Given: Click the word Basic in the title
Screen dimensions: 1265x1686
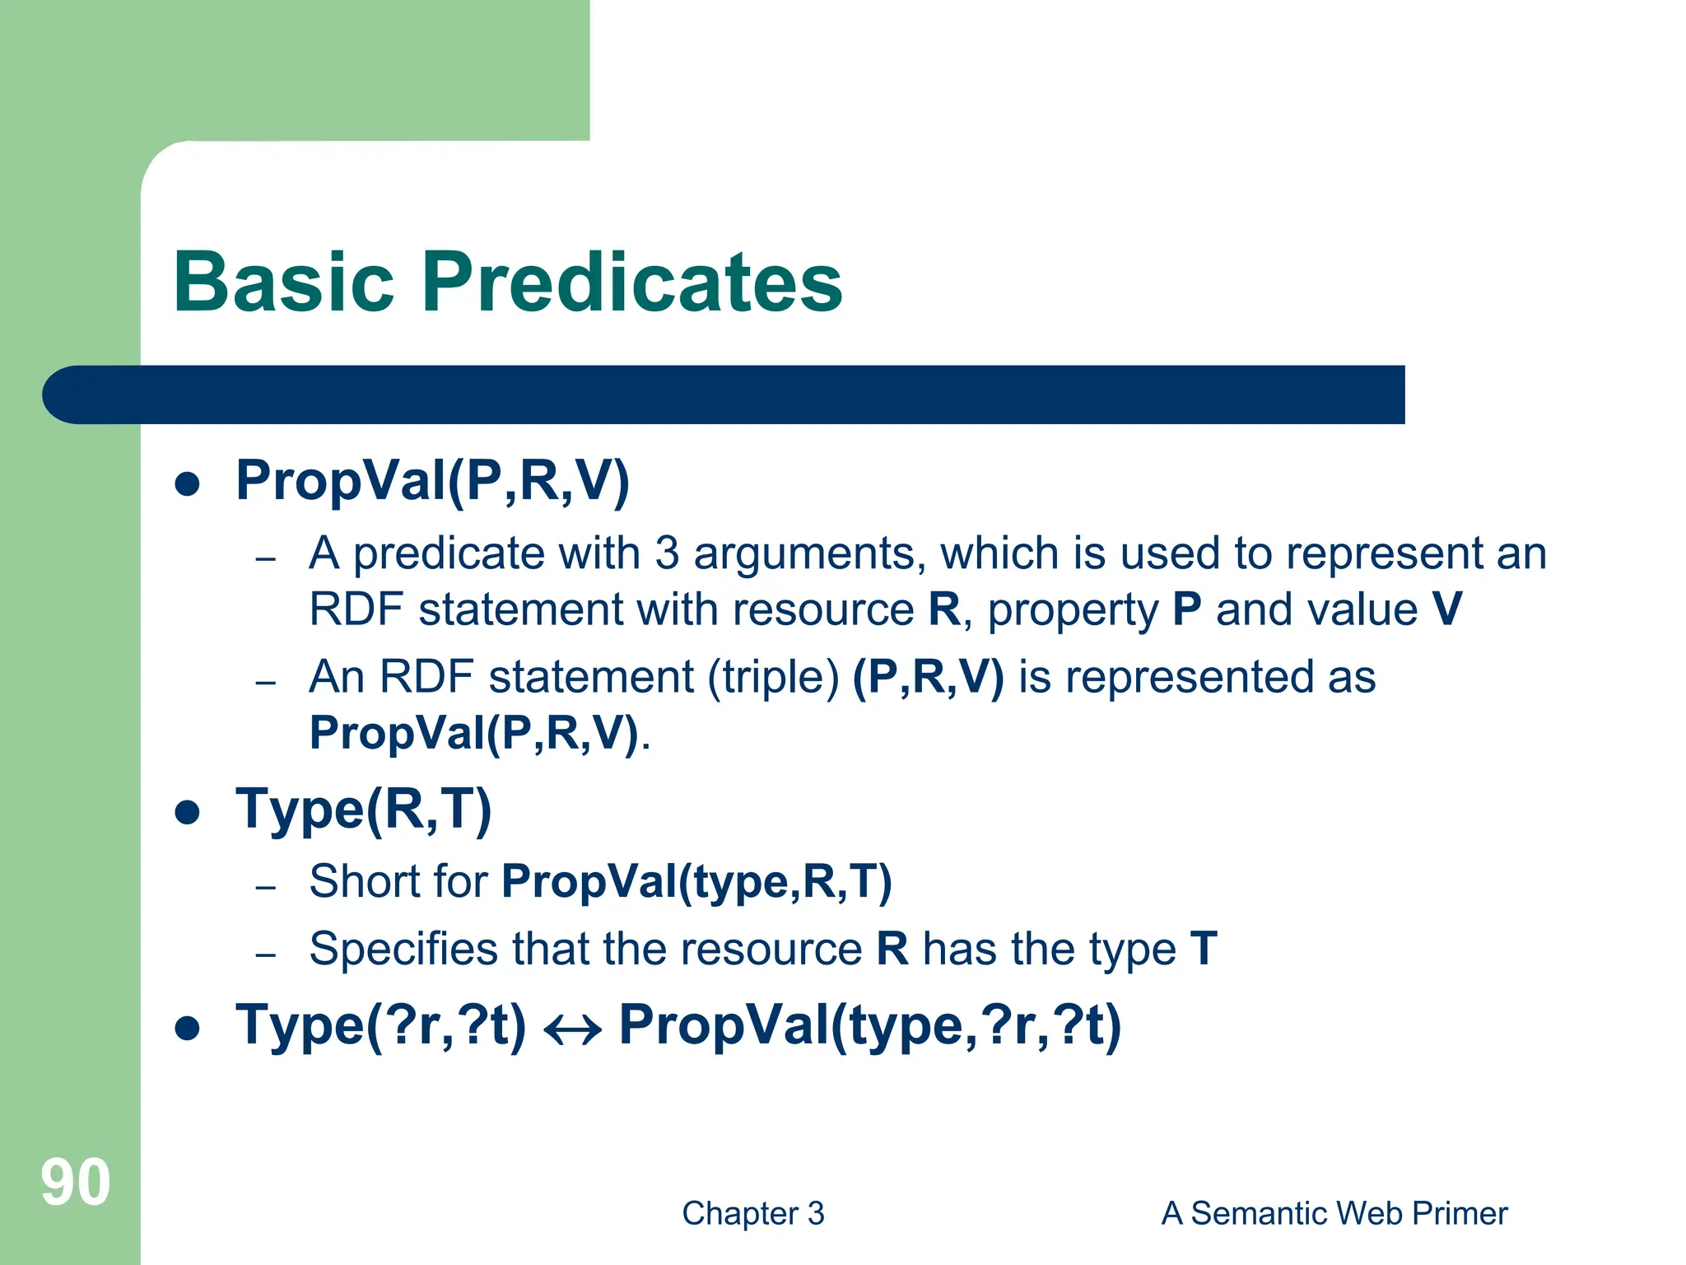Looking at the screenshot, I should click(x=284, y=282).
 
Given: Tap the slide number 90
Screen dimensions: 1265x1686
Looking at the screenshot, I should click(x=75, y=1183).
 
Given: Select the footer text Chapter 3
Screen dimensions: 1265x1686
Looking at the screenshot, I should click(x=752, y=1213).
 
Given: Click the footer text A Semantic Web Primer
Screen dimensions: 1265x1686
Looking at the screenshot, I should click(x=1334, y=1213).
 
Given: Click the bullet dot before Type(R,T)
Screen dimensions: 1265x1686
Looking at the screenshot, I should click(x=188, y=812).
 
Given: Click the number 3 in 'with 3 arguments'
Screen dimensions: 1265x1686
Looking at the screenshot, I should click(x=667, y=553).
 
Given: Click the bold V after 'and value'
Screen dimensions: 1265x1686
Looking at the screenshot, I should click(x=1446, y=610).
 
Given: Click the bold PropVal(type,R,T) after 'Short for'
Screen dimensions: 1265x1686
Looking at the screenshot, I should click(x=696, y=881).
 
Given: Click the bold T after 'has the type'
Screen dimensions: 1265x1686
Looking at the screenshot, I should click(x=1203, y=949).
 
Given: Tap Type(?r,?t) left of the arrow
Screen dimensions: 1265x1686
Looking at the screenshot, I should click(x=380, y=1026).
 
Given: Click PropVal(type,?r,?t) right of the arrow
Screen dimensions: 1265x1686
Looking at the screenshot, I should click(x=869, y=1026).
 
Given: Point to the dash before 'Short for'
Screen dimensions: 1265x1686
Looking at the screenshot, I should click(x=265, y=888).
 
